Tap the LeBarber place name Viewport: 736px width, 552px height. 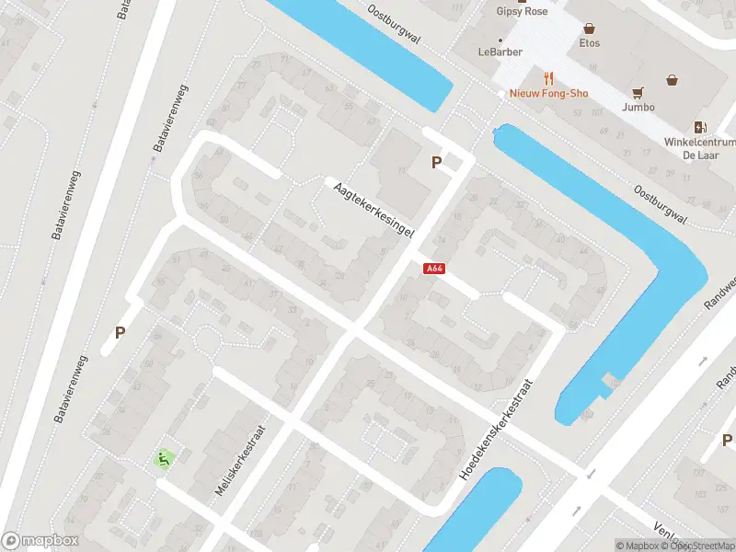(500, 52)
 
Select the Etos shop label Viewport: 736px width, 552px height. (590, 43)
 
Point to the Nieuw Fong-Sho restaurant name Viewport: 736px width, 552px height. (549, 94)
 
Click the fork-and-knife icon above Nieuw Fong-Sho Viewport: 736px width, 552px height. (550, 77)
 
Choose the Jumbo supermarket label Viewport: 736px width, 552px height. (638, 107)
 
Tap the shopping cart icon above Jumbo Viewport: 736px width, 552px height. (638, 91)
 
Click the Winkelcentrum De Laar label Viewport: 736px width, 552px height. (700, 149)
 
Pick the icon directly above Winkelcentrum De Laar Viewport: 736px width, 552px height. (700, 127)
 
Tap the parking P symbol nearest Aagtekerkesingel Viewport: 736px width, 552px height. (437, 163)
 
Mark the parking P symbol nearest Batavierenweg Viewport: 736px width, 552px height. (120, 333)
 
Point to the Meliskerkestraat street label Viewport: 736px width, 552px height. (240, 461)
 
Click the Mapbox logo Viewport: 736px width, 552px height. (41, 541)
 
